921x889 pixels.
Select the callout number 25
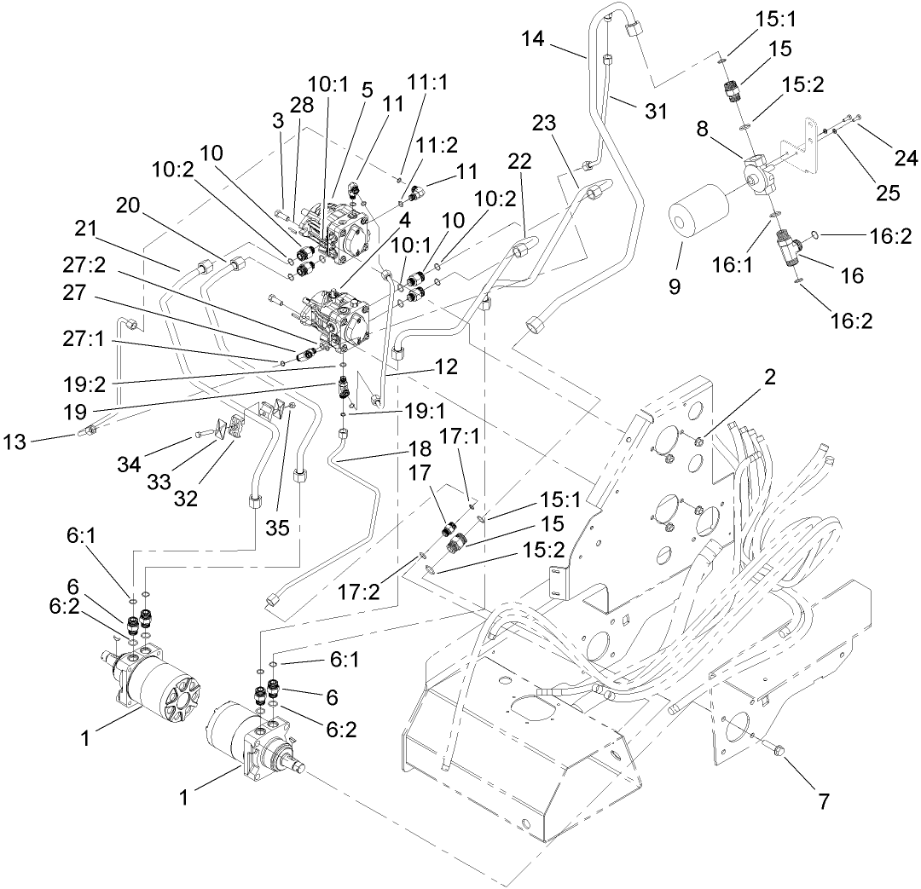click(887, 194)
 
